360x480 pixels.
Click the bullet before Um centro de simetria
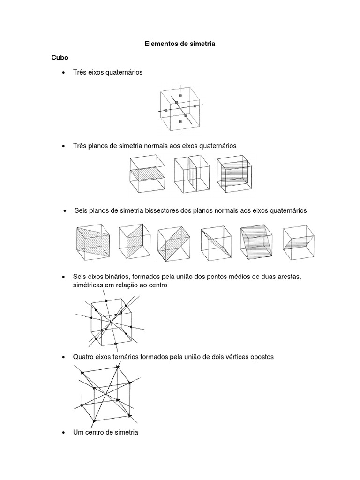[63, 433]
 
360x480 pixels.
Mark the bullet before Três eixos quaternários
[63, 73]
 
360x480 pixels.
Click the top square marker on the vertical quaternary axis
[180, 95]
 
